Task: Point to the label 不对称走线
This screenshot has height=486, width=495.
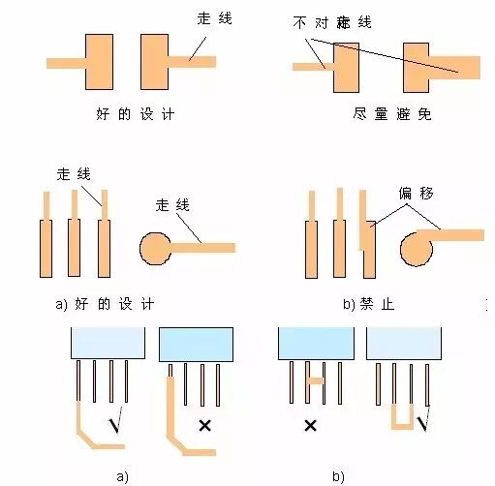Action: (330, 21)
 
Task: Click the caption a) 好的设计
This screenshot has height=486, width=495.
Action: (106, 304)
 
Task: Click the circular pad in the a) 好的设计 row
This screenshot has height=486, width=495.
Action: (157, 249)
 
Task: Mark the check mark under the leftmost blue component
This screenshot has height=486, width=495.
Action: (115, 424)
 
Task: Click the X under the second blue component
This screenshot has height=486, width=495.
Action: (204, 424)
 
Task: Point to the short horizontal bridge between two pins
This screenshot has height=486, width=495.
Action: (313, 381)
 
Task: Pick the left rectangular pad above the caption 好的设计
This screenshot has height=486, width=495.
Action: (100, 63)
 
